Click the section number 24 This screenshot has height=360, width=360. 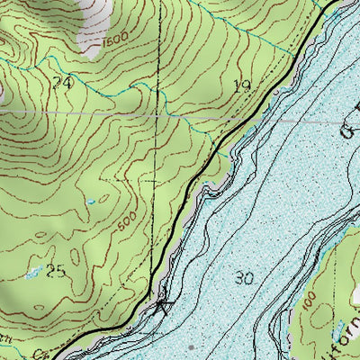point(62,83)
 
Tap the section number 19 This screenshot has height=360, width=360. point(241,86)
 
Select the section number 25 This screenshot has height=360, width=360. point(57,272)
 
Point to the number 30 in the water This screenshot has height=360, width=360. point(243,278)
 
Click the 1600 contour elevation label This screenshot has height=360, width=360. point(113,40)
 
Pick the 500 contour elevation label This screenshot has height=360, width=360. point(128,217)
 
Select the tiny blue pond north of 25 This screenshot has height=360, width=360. point(90,202)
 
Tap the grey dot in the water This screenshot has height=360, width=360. point(193,346)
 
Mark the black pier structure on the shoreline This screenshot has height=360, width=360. point(162,307)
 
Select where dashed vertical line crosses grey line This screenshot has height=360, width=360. point(158,114)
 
